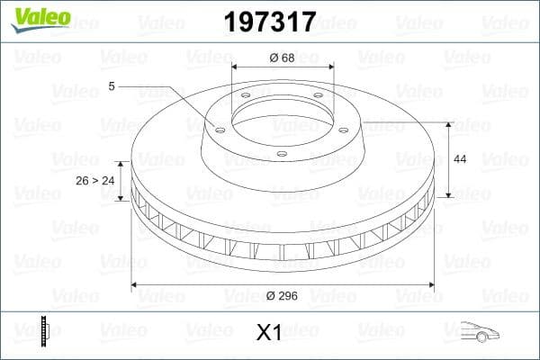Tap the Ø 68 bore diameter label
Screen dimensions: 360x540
283,58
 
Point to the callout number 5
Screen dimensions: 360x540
111,86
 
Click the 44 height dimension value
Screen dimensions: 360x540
459,158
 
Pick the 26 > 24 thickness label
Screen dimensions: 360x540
95,180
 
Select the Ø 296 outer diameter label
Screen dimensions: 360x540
283,294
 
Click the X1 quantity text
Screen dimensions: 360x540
269,332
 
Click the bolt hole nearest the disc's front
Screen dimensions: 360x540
281,154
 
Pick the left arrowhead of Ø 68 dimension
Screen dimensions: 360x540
235,67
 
